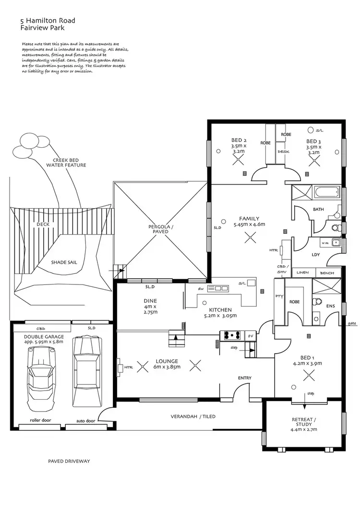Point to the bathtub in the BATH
pyautogui.click(x=327, y=193)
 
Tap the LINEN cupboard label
pyautogui.click(x=302, y=272)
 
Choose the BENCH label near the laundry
pyautogui.click(x=327, y=272)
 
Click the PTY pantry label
pyautogui.click(x=279, y=296)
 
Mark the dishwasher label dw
pyautogui.click(x=201, y=289)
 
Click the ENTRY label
pyautogui.click(x=245, y=378)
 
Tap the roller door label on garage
pyautogui.click(x=40, y=420)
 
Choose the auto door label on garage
pyautogui.click(x=86, y=420)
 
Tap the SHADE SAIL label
pyautogui.click(x=65, y=262)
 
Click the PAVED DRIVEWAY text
pyautogui.click(x=69, y=461)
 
